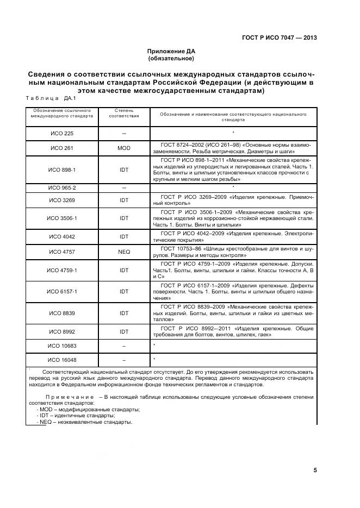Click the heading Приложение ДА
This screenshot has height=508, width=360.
171,51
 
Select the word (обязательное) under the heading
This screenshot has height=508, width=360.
171,58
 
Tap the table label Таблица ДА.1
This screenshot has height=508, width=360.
51,99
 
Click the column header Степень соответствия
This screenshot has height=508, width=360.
124,112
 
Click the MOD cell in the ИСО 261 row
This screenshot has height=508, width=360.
124,148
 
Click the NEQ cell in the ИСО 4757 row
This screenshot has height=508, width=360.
124,252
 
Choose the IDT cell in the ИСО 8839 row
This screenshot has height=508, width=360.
124,313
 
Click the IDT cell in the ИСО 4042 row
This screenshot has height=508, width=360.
124,236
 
